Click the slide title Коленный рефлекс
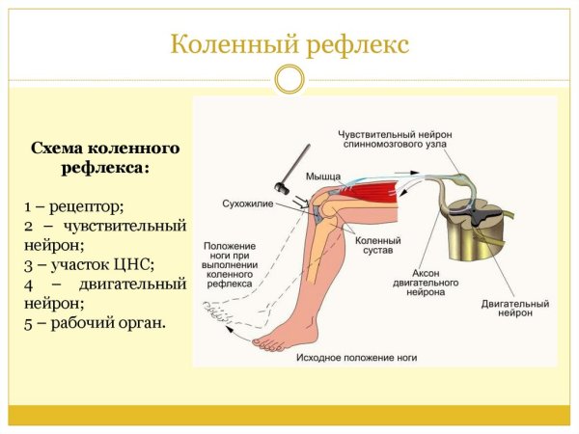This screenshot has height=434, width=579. pos(289,44)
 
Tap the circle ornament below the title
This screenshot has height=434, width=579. pos(289,79)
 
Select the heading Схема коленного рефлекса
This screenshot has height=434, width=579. pos(105,158)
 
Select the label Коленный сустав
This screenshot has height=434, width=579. pos(372,246)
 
